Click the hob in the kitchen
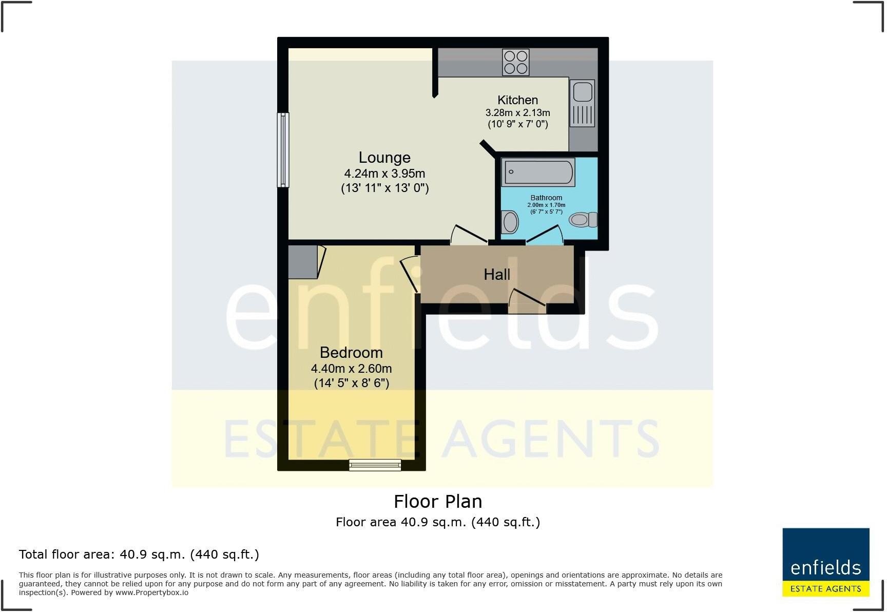pos(516,62)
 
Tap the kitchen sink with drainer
pos(582,103)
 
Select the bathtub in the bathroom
pos(538,172)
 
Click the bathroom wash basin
pos(510,222)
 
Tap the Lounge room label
pos(384,158)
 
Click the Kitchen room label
pos(517,100)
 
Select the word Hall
pos(497,275)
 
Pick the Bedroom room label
pos(351,353)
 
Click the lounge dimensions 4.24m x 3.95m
pos(384,174)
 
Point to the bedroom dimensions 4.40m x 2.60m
pos(351,369)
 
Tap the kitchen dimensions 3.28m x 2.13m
pos(517,112)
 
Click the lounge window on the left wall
pos(283,149)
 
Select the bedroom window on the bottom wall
pos(375,465)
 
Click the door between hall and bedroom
pos(411,274)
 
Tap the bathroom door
pos(544,237)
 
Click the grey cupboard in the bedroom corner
pos(303,262)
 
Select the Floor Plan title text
pos(438,502)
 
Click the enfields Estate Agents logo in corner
pos(825,562)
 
